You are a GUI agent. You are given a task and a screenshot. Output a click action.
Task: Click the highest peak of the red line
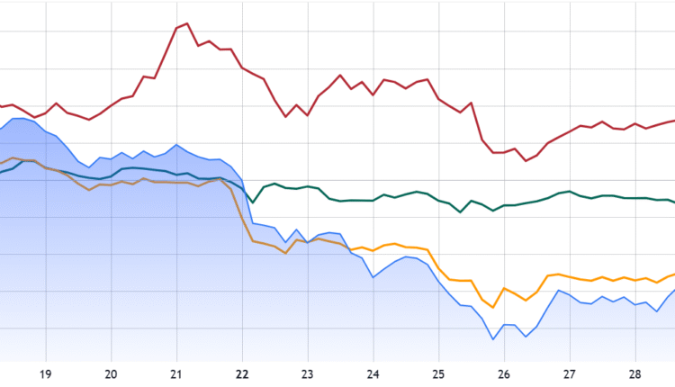(x=186, y=23)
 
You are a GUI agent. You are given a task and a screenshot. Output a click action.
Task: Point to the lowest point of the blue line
(x=493, y=339)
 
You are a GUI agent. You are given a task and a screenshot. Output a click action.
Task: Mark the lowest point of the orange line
(x=493, y=307)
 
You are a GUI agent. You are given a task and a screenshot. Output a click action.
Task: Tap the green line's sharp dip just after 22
(x=253, y=202)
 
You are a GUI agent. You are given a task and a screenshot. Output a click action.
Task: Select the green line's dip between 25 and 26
(x=461, y=212)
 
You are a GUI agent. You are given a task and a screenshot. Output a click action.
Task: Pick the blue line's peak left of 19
(x=18, y=119)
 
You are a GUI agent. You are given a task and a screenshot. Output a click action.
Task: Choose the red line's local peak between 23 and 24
(x=340, y=76)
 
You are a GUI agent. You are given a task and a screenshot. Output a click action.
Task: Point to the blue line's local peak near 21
(x=176, y=144)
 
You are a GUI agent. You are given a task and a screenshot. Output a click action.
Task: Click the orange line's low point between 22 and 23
(x=285, y=253)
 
